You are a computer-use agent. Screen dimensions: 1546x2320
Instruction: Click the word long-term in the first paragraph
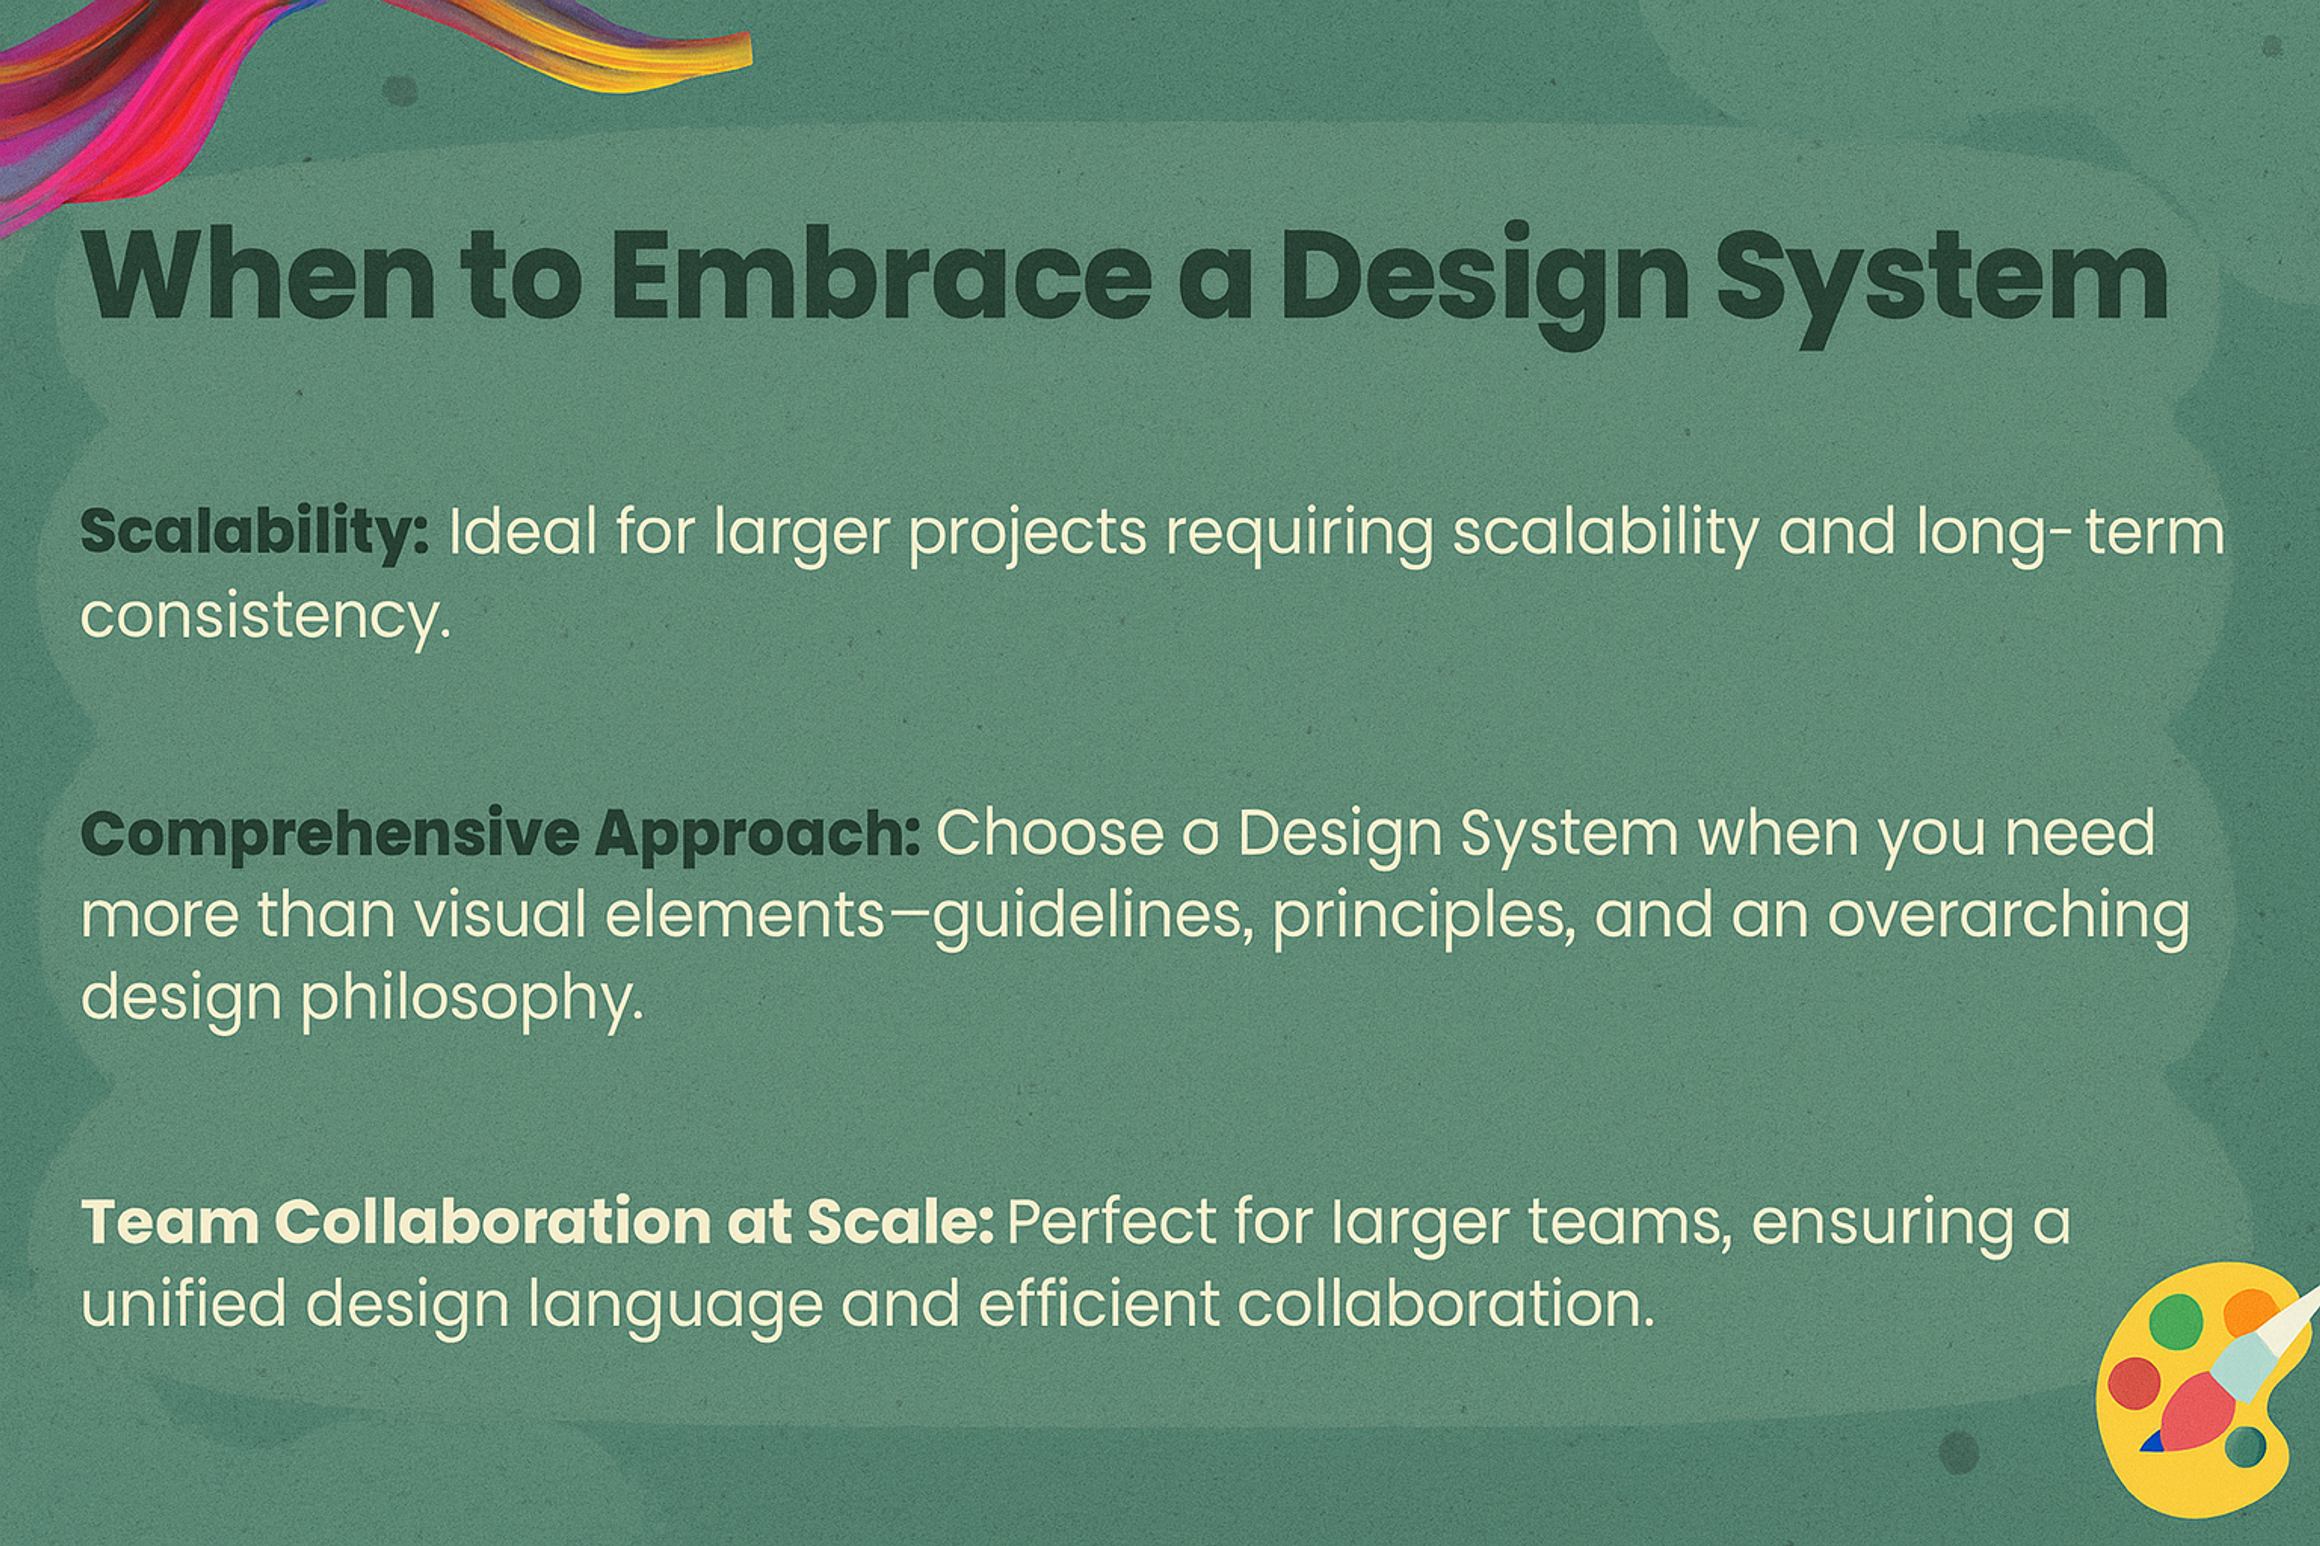coord(2069,533)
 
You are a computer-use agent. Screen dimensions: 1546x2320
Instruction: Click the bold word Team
coord(169,1222)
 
